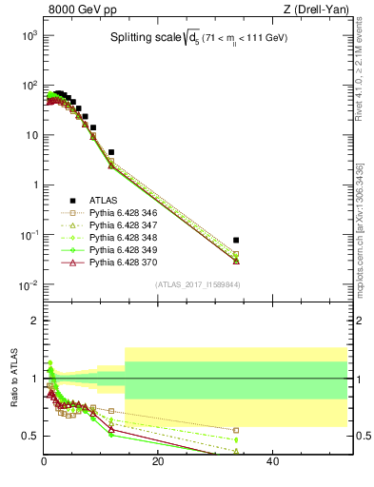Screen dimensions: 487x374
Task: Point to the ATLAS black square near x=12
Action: click(111, 152)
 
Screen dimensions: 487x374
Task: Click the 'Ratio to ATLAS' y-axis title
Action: click(14, 380)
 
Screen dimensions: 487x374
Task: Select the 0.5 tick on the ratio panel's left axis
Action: click(30, 437)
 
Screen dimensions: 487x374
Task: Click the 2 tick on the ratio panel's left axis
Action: click(34, 321)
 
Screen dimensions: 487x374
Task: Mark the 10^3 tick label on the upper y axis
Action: click(29, 35)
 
